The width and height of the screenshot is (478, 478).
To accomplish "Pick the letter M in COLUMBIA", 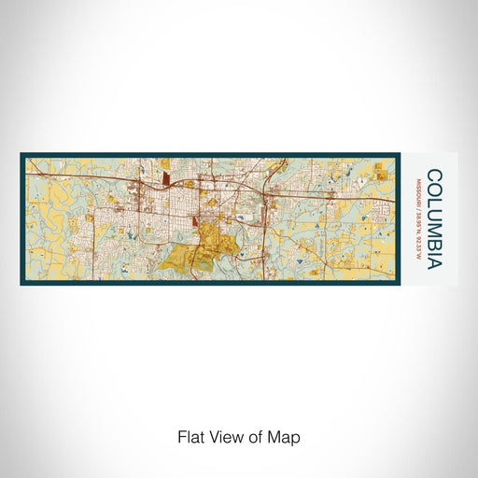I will [x=433, y=214].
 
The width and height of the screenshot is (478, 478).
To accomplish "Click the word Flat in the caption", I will [x=190, y=436].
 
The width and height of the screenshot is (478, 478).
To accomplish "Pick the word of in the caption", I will [x=254, y=436].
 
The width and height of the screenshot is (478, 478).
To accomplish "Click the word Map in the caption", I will [x=284, y=436].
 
